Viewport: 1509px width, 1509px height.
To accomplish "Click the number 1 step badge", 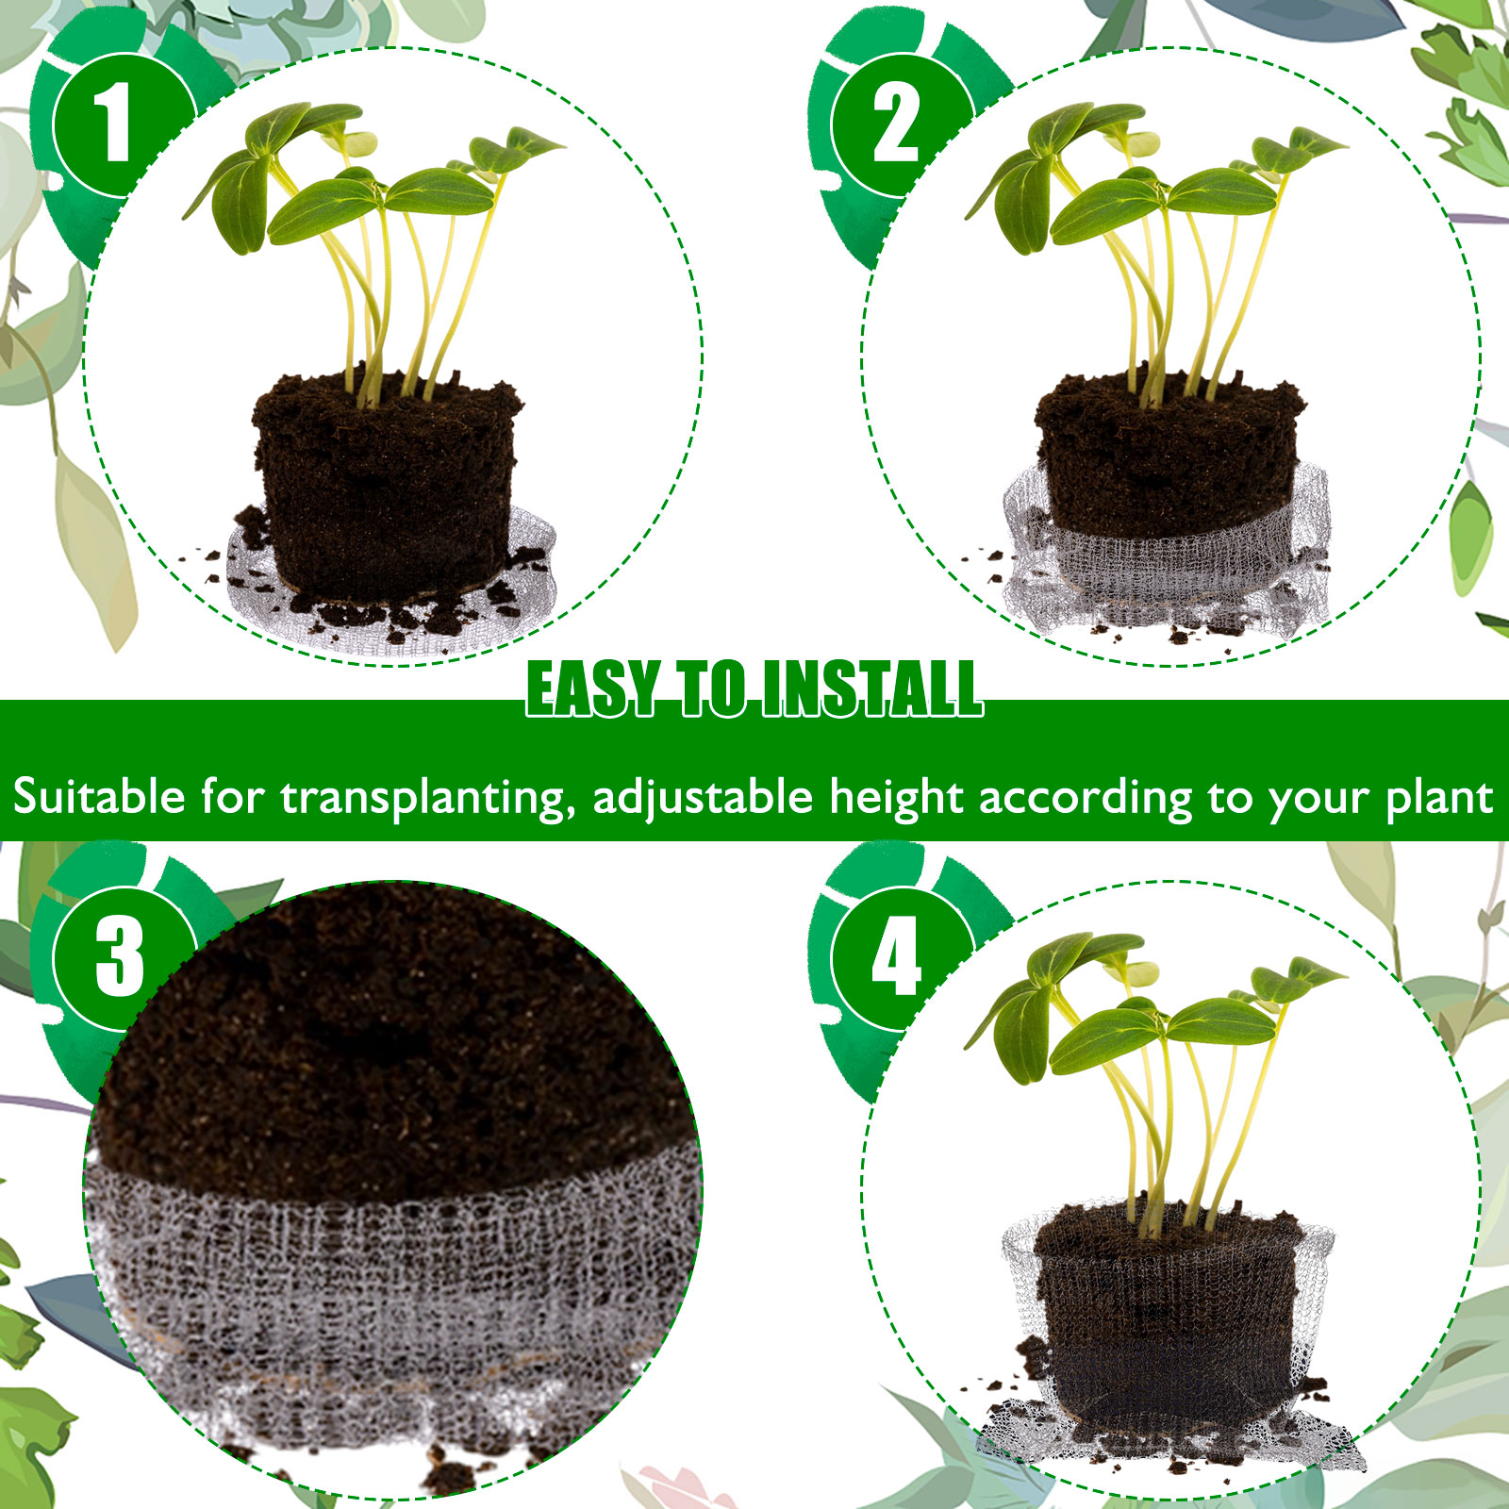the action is tap(120, 124).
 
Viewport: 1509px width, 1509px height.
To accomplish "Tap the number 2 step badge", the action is tap(899, 124).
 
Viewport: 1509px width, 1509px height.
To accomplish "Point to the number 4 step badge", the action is tap(899, 957).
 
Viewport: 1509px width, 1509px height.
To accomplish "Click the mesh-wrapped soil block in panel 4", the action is tap(1169, 1320).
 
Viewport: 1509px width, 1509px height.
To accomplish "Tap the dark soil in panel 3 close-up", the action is tap(396, 1037).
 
